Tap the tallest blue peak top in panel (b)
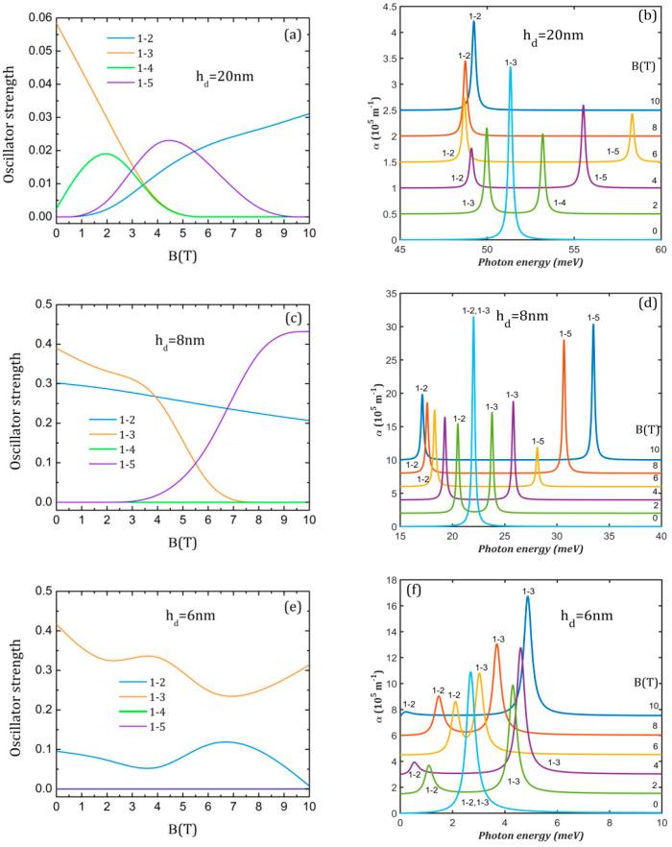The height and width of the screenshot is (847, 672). click(x=473, y=23)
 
